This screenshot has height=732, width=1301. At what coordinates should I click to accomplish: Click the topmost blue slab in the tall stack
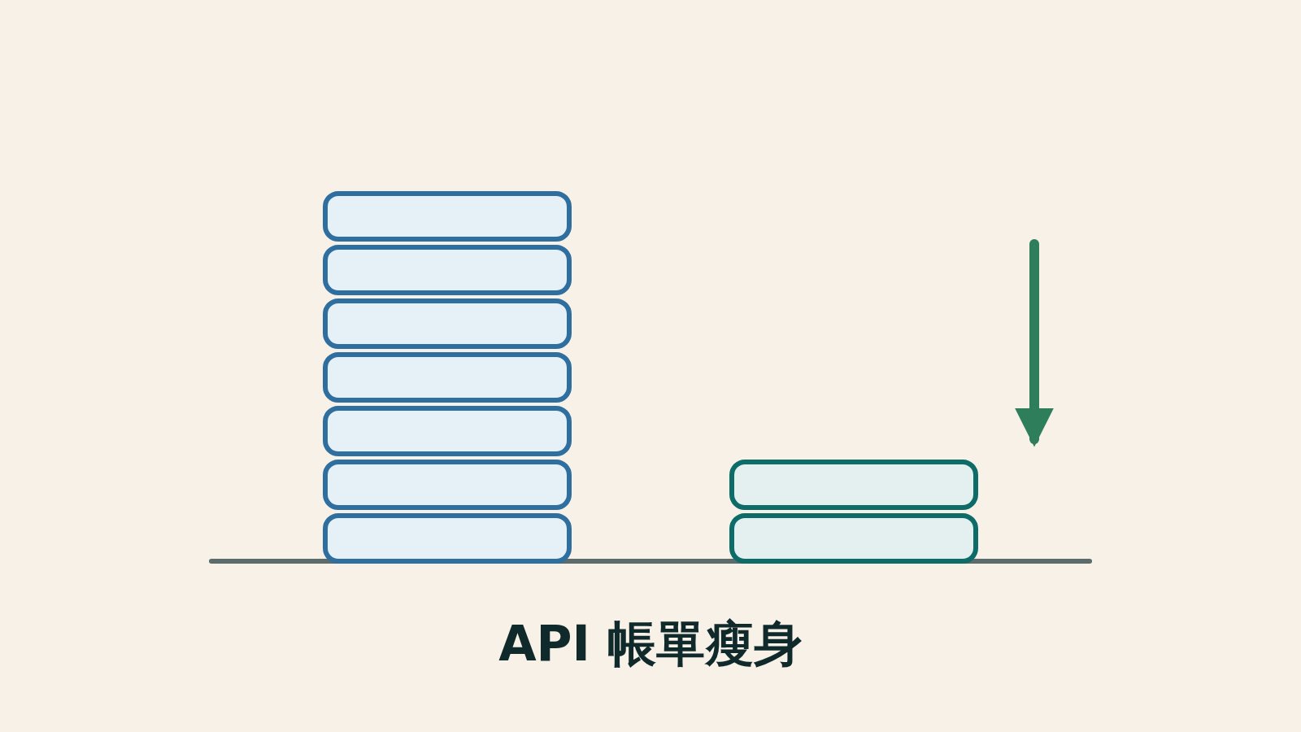447,216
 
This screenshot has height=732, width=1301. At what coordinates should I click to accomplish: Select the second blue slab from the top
447,269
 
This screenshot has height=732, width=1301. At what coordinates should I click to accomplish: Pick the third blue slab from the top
447,324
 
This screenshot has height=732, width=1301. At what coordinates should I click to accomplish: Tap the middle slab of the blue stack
447,377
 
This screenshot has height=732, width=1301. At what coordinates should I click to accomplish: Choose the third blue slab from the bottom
447,431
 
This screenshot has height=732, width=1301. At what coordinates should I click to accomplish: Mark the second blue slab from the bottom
447,485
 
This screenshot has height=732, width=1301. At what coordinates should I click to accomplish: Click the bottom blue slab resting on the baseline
447,538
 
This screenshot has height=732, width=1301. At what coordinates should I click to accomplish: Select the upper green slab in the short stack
854,485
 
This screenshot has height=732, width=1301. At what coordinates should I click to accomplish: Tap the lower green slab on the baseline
854,538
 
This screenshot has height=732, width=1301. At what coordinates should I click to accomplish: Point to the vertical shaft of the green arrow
1033,325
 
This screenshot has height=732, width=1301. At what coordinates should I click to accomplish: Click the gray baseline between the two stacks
650,561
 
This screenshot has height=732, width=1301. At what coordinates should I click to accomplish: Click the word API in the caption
543,643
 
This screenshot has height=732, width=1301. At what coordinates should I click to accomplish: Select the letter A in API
517,643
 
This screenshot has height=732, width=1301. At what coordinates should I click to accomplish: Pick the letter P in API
556,643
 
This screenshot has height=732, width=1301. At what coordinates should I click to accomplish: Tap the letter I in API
581,643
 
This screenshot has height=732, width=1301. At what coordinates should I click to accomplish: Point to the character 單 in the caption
680,643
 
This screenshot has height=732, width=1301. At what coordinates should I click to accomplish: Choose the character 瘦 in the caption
729,643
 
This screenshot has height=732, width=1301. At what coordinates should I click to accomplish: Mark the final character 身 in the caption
777,643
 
